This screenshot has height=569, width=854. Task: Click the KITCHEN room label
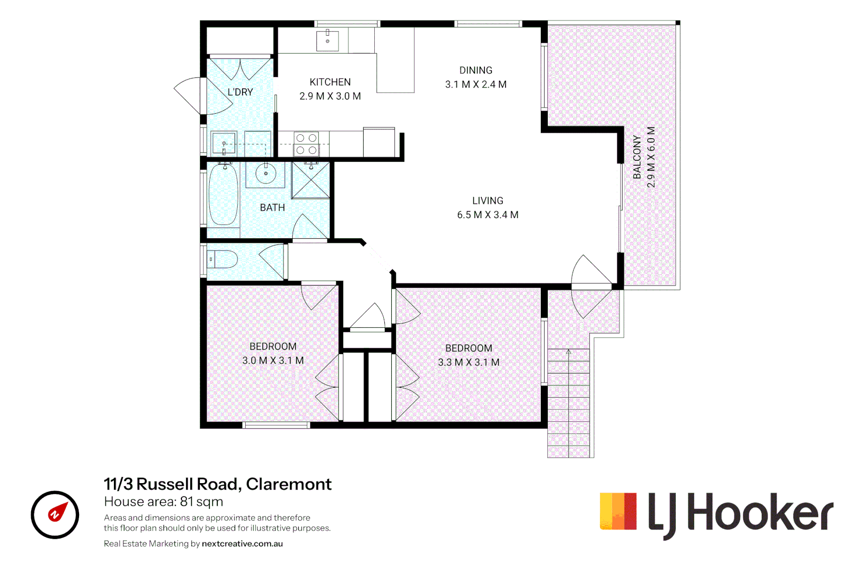330,82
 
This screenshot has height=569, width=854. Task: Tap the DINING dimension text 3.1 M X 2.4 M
475,84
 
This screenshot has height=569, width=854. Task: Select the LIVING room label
488,201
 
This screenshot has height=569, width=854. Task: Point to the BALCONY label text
637,157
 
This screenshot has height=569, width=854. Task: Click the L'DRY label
240,92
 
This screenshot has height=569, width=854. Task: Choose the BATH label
272,208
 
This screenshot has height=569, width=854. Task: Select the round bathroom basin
266,174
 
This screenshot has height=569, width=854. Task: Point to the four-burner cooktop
306,144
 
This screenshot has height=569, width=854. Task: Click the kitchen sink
327,40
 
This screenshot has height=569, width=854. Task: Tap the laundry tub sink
224,143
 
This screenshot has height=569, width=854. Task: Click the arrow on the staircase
569,352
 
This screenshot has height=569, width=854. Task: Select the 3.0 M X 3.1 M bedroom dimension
273,361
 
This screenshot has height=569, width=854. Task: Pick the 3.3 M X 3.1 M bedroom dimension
469,362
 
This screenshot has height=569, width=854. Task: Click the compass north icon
55,515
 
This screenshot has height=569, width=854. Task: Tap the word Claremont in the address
288,484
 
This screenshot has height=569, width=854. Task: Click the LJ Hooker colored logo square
618,511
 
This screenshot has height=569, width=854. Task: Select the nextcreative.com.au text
242,544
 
